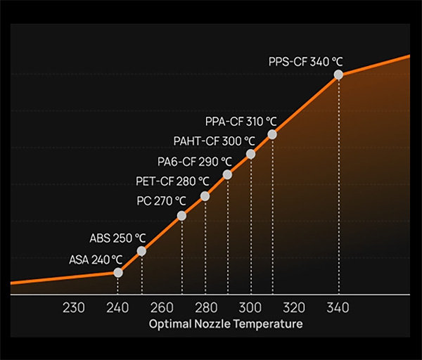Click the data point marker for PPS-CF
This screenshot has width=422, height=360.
(338, 74)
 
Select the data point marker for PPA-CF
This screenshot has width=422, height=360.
(272, 134)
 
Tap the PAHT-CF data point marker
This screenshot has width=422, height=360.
(250, 154)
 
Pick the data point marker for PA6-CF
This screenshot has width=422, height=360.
(227, 174)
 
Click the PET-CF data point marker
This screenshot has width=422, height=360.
(205, 196)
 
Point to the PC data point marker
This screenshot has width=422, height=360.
(181, 216)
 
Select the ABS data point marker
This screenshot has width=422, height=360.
(141, 251)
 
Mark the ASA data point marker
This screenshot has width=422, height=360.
(118, 272)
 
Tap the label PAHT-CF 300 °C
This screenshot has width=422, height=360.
(214, 141)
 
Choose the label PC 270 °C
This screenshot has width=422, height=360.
(161, 201)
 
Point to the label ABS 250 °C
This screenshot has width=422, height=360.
(117, 238)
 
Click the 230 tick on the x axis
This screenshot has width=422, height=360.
(74, 307)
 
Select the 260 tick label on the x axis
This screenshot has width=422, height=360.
(162, 307)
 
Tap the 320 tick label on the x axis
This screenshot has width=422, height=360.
(294, 307)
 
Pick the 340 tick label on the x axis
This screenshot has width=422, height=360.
(338, 307)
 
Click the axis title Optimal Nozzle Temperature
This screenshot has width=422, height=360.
(226, 324)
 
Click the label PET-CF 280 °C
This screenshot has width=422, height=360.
(172, 181)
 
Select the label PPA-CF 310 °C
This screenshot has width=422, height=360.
(241, 121)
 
